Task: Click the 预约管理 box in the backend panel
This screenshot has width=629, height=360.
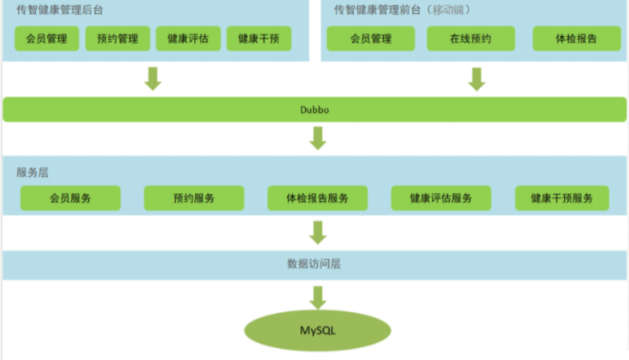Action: coord(118,38)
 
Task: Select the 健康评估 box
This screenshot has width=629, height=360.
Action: coord(188,38)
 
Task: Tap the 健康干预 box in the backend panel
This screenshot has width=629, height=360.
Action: coord(258,38)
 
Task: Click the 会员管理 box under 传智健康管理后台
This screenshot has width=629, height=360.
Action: coord(47,38)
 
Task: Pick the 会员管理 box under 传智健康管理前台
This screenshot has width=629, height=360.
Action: coord(371,38)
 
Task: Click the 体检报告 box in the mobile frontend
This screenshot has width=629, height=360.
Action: coord(576,38)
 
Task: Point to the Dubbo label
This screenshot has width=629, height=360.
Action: coord(315,110)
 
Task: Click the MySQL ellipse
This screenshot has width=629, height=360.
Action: coord(317,331)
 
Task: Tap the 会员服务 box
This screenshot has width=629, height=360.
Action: coord(70,198)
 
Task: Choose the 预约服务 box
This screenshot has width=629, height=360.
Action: coord(194,198)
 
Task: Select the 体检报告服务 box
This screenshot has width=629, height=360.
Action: coord(318,198)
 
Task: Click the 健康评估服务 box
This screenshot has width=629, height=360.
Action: coord(441,198)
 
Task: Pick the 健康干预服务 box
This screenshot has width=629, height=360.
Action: coord(561,198)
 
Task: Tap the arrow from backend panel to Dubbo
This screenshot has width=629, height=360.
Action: coord(153,78)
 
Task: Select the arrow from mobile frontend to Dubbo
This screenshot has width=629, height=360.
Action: coord(477,78)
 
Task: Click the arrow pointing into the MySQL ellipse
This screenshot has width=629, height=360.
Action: coord(318,297)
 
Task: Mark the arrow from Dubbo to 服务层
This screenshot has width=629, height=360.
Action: coord(318,138)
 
